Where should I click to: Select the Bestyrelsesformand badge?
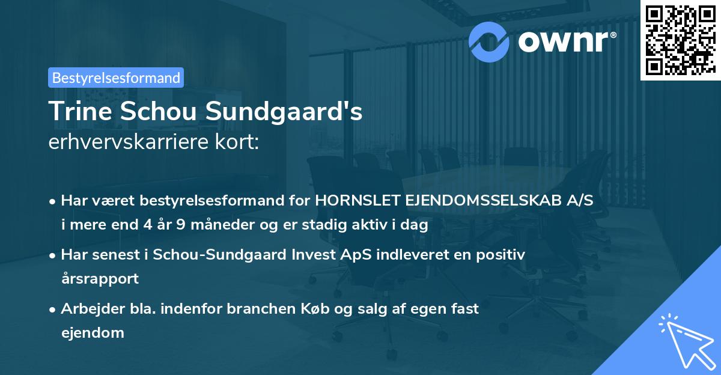115,78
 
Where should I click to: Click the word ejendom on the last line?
93,332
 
